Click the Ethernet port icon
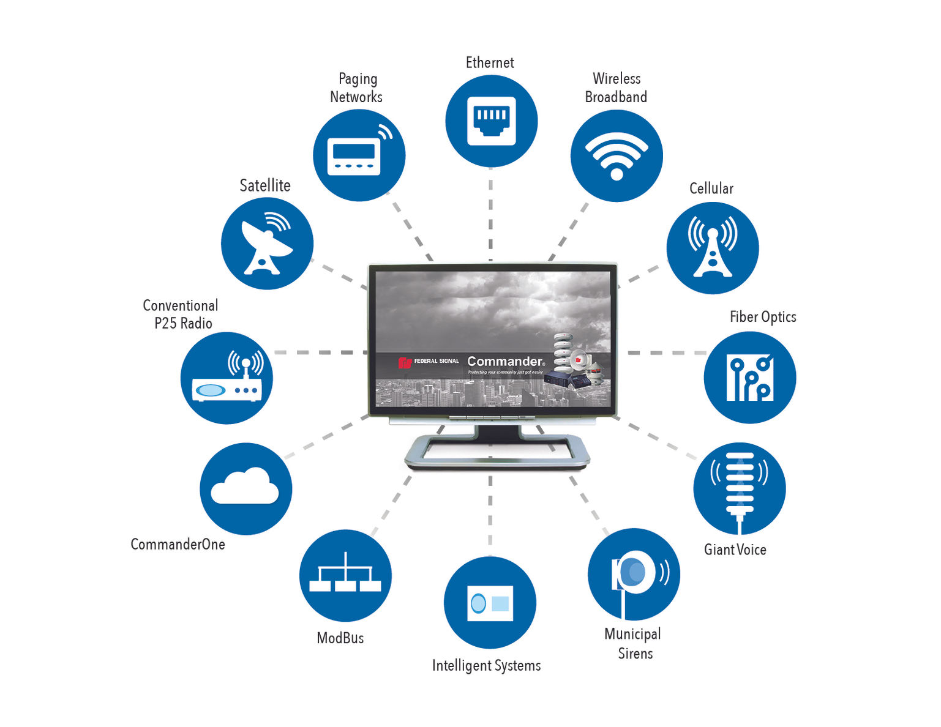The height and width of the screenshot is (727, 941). point(491,121)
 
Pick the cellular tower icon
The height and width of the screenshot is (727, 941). point(712,248)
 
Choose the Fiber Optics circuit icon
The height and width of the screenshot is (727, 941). point(749,378)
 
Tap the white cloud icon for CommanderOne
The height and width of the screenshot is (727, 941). point(246,488)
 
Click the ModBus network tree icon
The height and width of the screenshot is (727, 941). point(345,575)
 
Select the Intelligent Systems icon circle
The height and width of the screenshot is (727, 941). point(490,603)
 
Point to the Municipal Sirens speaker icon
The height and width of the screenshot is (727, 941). point(634,574)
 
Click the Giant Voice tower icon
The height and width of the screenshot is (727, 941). point(739,488)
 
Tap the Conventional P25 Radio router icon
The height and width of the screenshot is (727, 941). point(227,378)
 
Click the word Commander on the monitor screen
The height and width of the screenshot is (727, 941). point(504,362)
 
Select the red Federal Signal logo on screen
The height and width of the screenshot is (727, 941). point(405,362)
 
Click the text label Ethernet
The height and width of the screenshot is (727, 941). point(490,63)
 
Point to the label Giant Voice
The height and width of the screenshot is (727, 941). point(735,550)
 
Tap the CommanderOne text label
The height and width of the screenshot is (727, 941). point(178,544)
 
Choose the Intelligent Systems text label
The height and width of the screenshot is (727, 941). point(486,665)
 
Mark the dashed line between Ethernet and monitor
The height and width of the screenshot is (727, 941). point(490,214)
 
